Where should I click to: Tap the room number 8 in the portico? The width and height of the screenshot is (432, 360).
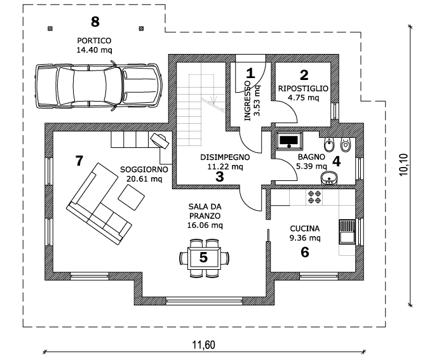[95, 22]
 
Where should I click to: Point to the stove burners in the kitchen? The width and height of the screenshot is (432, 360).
[314, 197]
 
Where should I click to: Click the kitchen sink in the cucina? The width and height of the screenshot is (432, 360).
[347, 232]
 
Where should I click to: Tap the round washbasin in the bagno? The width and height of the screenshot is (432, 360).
[328, 178]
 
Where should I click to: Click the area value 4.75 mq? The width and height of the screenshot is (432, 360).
[303, 98]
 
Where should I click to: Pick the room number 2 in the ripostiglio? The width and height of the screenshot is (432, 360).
[304, 75]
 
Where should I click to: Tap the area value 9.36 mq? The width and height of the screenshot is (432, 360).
[305, 238]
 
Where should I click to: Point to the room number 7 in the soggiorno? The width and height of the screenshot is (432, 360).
[79, 161]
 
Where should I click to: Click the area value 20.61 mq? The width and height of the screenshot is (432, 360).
[144, 179]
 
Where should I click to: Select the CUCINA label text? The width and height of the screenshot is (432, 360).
[305, 229]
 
